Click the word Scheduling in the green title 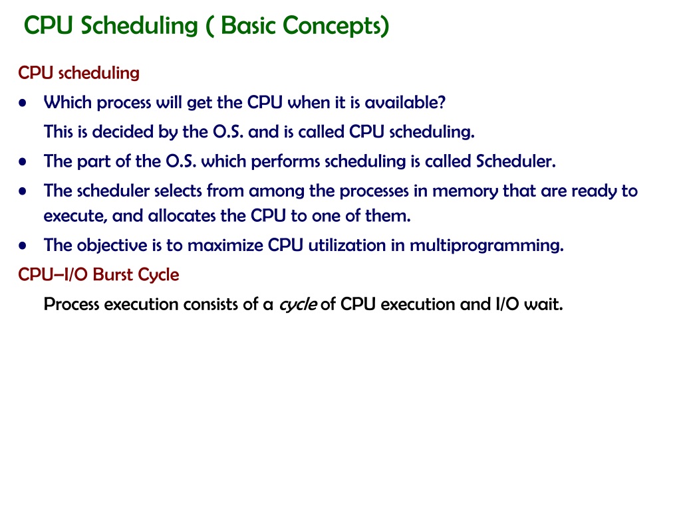tap(139, 26)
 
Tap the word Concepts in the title tap(336, 26)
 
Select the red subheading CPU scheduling tap(78, 73)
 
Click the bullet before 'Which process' tap(23, 103)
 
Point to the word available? tap(405, 102)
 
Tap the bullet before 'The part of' tap(23, 162)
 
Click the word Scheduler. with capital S tap(516, 161)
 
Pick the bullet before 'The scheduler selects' tap(23, 191)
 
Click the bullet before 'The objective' tap(23, 246)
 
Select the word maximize tap(225, 245)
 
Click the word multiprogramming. tap(487, 246)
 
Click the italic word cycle tap(298, 304)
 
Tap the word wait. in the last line tap(543, 304)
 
